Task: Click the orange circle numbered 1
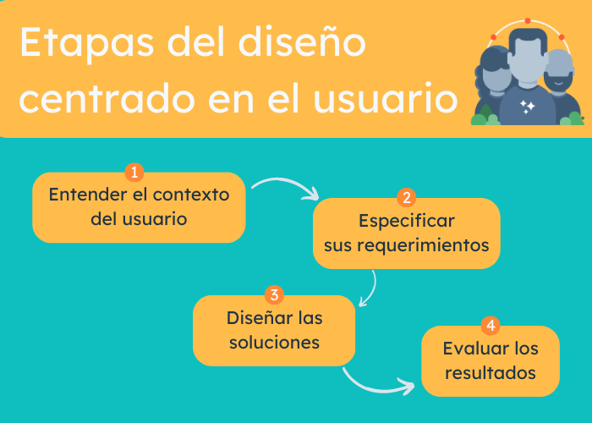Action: (134, 173)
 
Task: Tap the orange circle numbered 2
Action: (406, 198)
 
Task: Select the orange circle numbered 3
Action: (273, 294)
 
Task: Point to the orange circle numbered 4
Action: (491, 326)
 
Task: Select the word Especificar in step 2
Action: (406, 222)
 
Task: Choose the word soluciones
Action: (273, 343)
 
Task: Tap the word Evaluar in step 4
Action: (468, 349)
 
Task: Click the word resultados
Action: (491, 372)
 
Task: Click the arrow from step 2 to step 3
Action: (369, 289)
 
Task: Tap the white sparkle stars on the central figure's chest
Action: (527, 106)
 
